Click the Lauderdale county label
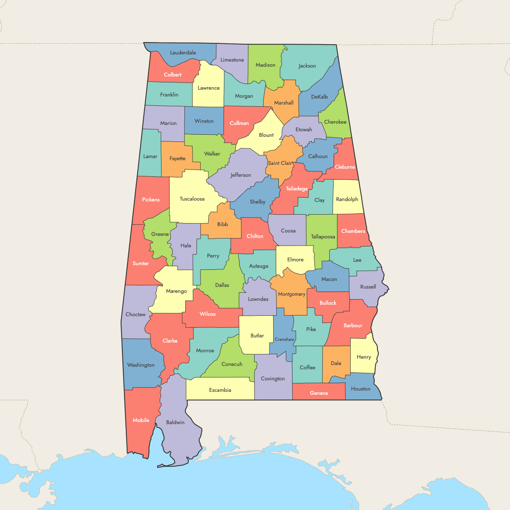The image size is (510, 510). (183, 53)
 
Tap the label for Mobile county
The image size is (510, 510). (141, 420)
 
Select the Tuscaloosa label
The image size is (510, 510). (192, 199)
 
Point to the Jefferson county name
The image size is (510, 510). (241, 175)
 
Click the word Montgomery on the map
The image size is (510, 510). (292, 294)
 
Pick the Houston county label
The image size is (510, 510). (361, 389)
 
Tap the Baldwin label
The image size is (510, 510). (176, 422)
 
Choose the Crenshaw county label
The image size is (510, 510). (284, 340)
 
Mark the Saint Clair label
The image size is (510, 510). (280, 163)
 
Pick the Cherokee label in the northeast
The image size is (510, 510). (335, 122)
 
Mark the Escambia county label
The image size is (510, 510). (220, 390)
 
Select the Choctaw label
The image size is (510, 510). (136, 314)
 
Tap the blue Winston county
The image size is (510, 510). (204, 121)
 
